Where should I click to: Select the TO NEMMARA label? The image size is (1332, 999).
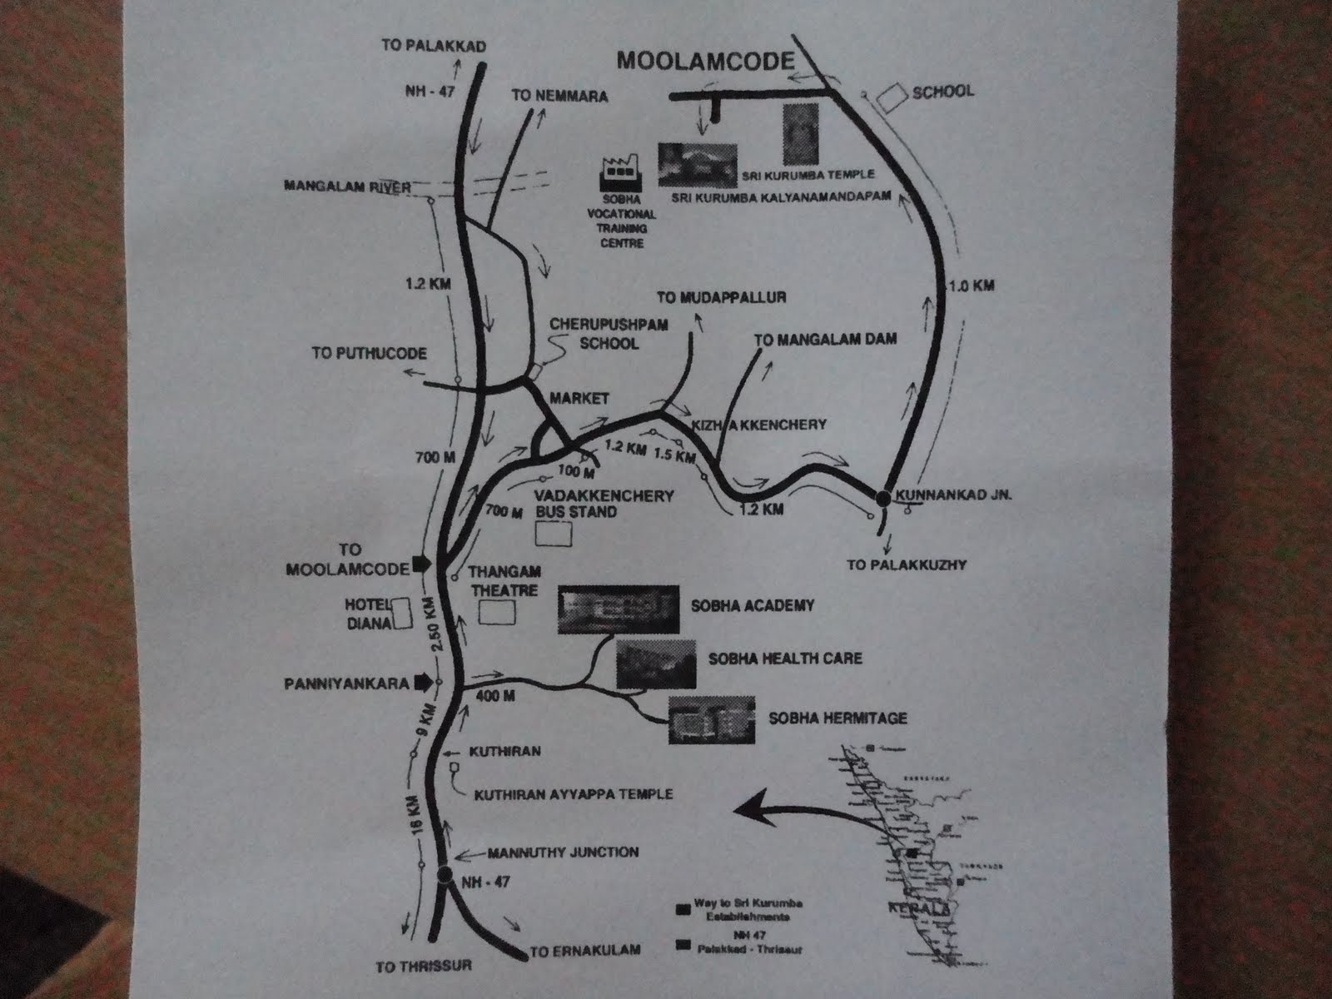point(559,97)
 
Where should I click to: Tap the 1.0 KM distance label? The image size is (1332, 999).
point(972,286)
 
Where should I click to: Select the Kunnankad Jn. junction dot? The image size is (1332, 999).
point(883,498)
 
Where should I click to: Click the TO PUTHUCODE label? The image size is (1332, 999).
point(369,354)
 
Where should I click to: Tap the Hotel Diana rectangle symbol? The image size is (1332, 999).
point(403,614)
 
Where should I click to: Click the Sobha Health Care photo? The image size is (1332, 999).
point(656,664)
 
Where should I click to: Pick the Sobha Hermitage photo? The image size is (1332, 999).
point(713,718)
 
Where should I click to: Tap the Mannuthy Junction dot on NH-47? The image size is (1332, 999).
point(444,874)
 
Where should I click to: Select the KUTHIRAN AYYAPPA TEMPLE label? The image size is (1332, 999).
point(573,794)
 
